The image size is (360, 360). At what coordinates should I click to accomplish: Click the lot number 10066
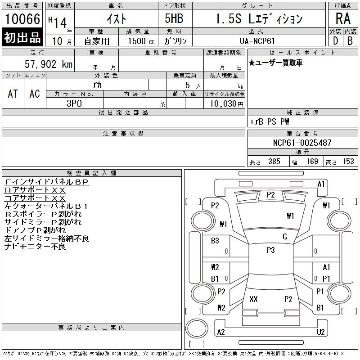22,19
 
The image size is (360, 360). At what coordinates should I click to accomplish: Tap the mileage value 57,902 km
49,64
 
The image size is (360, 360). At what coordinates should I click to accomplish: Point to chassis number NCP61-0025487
302,143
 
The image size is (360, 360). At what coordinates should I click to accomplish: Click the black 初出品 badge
22,38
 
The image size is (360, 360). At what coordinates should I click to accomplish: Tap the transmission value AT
13,94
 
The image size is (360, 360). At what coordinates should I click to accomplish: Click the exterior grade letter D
335,40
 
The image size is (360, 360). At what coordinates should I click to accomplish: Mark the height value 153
347,162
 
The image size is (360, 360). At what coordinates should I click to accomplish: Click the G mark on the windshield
284,237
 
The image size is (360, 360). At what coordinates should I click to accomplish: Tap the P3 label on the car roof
270,250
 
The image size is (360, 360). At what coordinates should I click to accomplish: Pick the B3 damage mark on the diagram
215,241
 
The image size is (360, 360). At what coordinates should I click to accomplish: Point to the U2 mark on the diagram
320,332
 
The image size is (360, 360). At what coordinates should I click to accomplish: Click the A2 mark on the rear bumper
221,332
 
